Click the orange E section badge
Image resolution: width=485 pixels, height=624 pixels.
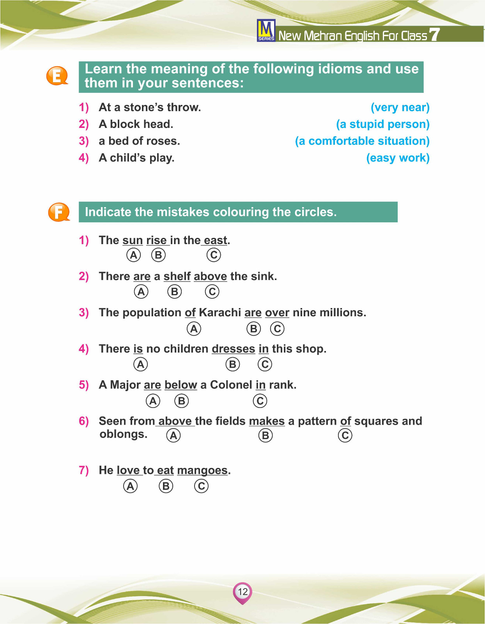(57, 76)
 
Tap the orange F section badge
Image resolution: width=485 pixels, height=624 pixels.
(58, 212)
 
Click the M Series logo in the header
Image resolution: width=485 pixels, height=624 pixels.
(266, 30)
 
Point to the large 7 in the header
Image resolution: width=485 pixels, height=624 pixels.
(434, 34)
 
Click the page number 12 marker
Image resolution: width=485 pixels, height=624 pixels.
(242, 592)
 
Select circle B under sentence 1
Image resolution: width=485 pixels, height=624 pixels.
(158, 255)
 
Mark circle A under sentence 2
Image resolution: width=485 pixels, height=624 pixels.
(141, 291)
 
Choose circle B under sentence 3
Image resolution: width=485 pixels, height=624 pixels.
(253, 329)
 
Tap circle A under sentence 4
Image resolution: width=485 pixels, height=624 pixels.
(141, 364)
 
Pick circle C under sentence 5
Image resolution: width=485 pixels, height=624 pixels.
(260, 401)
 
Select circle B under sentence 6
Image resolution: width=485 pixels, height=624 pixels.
(266, 435)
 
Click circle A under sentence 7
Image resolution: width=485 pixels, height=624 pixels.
(131, 486)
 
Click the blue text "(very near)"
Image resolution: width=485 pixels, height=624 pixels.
(400, 107)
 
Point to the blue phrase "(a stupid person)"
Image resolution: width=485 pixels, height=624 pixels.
(382, 124)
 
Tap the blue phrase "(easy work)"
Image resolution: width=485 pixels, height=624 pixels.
(398, 158)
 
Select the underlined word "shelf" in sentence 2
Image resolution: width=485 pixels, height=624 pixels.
(177, 277)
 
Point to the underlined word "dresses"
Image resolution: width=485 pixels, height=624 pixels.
(233, 349)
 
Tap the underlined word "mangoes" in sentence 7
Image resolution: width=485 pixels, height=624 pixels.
(202, 470)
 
